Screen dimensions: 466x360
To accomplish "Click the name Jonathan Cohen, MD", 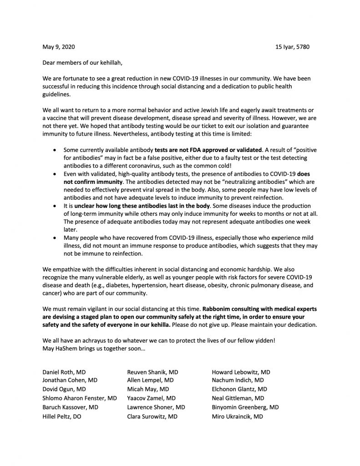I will (69, 380).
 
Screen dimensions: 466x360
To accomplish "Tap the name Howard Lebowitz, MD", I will (241, 372).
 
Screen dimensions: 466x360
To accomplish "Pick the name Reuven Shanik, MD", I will (152, 372).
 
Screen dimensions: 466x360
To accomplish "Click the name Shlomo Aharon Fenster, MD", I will (79, 398).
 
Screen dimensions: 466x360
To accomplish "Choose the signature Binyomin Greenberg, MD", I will (245, 407).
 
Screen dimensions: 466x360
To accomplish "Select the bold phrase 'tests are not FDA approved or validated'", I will (208, 149).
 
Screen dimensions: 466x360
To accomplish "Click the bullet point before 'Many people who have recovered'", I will (55, 238).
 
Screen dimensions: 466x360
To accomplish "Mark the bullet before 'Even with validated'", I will (55, 174).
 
